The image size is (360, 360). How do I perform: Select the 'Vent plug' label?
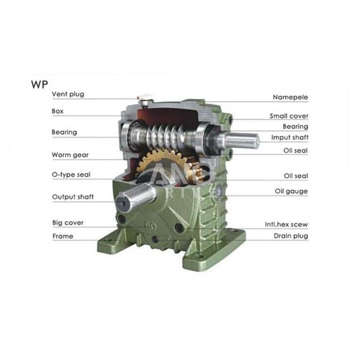[x=68, y=94]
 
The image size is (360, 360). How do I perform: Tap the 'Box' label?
[x=58, y=111]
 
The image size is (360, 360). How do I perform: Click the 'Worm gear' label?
[x=70, y=155]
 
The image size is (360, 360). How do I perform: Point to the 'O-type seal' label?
[x=71, y=175]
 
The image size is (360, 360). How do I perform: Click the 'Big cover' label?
[x=68, y=223]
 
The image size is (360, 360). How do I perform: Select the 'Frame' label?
[x=63, y=236]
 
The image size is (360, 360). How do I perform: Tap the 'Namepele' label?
[x=290, y=98]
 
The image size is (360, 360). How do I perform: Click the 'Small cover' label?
[x=288, y=116]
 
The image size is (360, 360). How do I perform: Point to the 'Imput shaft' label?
[x=289, y=138]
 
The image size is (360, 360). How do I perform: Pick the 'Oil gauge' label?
[x=291, y=191]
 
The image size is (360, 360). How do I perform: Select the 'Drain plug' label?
[x=291, y=236]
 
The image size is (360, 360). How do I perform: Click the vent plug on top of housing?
[x=144, y=99]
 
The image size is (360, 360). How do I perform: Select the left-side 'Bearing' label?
[x=64, y=132]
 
